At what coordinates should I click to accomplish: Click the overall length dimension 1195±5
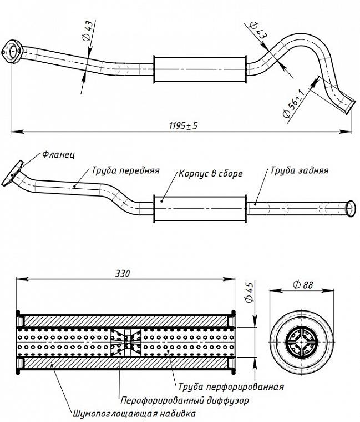(x=183, y=125)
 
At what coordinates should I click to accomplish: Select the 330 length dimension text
(x=123, y=273)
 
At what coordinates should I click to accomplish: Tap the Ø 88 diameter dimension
(x=303, y=284)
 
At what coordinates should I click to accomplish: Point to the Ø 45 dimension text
(x=249, y=292)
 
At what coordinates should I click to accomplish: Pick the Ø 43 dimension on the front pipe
(x=88, y=31)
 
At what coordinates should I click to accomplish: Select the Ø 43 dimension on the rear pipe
(x=258, y=30)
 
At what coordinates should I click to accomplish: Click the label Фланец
(x=59, y=154)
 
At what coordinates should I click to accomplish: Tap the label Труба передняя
(x=125, y=170)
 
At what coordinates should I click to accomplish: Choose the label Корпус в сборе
(x=211, y=174)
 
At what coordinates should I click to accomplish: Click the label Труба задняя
(x=299, y=170)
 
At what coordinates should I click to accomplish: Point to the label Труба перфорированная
(x=231, y=387)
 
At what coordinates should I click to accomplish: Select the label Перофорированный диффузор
(x=184, y=400)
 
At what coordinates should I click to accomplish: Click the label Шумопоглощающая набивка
(x=134, y=413)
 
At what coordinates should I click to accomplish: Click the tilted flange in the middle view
(x=12, y=174)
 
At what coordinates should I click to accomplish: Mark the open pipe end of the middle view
(x=351, y=209)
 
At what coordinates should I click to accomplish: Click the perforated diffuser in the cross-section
(x=126, y=343)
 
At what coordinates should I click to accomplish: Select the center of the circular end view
(x=302, y=343)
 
